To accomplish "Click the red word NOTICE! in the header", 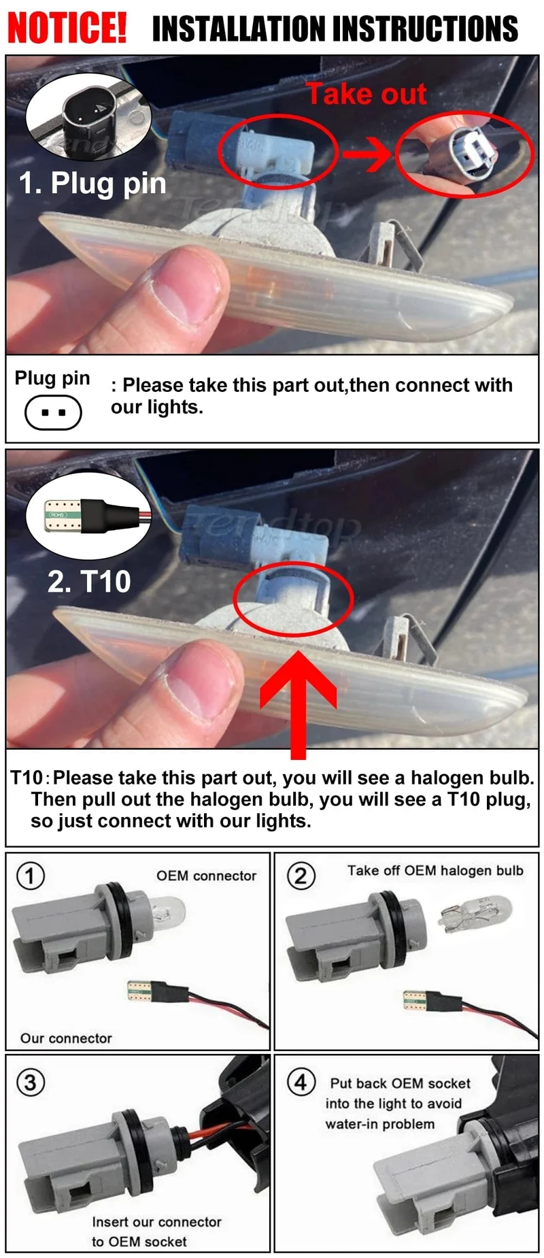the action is pos(67,27).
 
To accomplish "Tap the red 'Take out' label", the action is pos(367,94).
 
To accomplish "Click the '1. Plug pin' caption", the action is pos(92,184).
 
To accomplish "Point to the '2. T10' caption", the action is pos(89,581).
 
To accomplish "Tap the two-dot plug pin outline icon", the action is pos(53,412).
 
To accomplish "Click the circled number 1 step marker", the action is pos(30,876).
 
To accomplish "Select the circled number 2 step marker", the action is pos(301,876).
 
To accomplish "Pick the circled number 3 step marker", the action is pos(30,1082).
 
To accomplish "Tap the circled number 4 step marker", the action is pos(301,1081).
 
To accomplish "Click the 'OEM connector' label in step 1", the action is pos(207,876).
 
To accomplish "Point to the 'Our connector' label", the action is pos(66,1038).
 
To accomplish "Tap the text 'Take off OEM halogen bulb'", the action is pos(435,871).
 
